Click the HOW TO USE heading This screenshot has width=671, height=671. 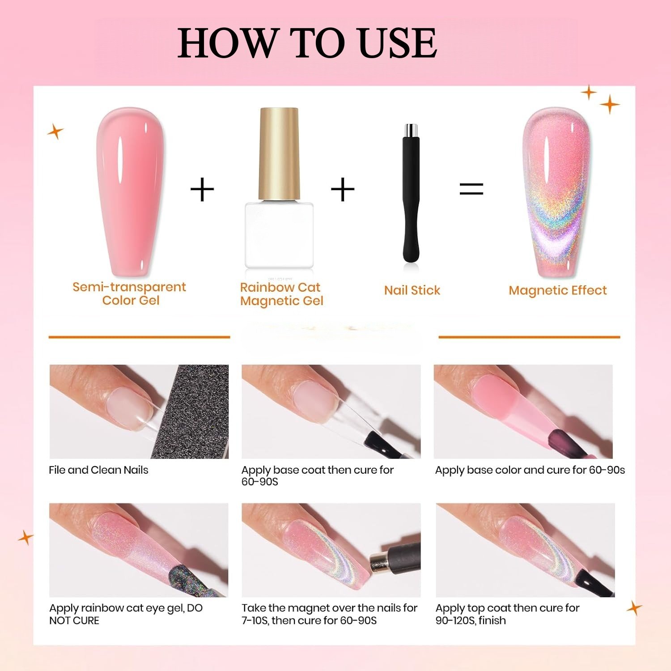[x=307, y=43]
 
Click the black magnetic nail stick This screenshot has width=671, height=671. [x=411, y=193]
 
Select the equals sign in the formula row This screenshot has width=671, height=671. [x=471, y=189]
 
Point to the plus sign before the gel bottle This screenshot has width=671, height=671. [x=202, y=190]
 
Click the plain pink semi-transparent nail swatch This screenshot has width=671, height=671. [x=130, y=193]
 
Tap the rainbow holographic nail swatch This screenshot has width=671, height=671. [x=557, y=193]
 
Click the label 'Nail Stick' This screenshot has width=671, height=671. [x=412, y=290]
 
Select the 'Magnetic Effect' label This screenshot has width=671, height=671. [x=558, y=290]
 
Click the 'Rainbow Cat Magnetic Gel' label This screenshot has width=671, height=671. [x=281, y=294]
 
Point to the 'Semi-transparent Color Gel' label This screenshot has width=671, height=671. [x=129, y=293]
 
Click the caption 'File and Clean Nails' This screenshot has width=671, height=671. [x=98, y=470]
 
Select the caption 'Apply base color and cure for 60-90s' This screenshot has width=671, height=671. [x=530, y=470]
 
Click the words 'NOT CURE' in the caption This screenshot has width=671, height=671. [x=74, y=620]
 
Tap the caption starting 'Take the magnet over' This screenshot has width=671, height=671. [x=330, y=614]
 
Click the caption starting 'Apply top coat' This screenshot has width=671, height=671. [x=507, y=614]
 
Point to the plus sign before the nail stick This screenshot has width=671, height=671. [x=343, y=190]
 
